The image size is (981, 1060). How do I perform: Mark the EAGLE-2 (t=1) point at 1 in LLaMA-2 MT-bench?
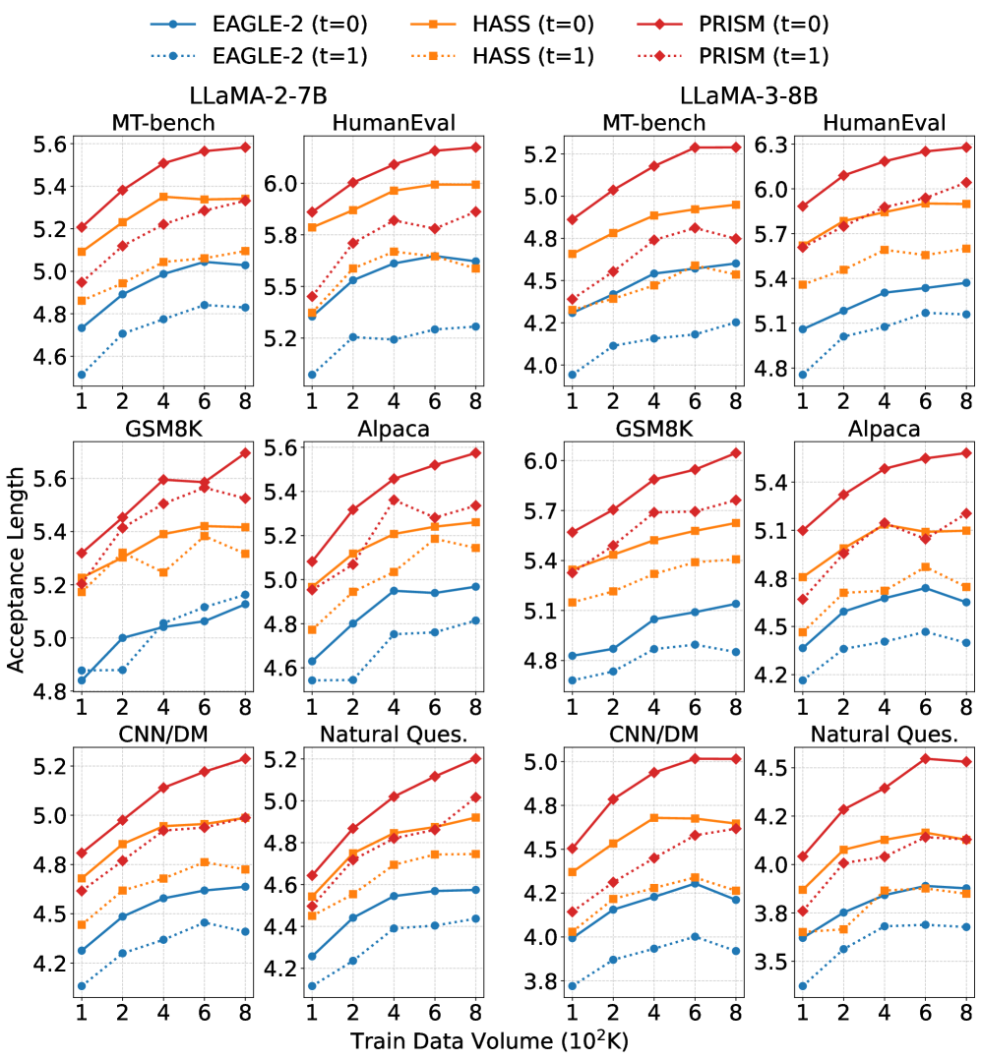click(81, 375)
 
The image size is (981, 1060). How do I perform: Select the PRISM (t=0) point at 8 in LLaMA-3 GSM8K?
click(734, 453)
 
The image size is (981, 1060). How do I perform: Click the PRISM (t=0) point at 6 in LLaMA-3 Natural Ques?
click(924, 758)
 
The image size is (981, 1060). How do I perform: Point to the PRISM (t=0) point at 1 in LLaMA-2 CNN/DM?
click(81, 853)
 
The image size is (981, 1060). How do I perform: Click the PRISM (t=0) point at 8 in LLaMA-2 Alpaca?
click(475, 452)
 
